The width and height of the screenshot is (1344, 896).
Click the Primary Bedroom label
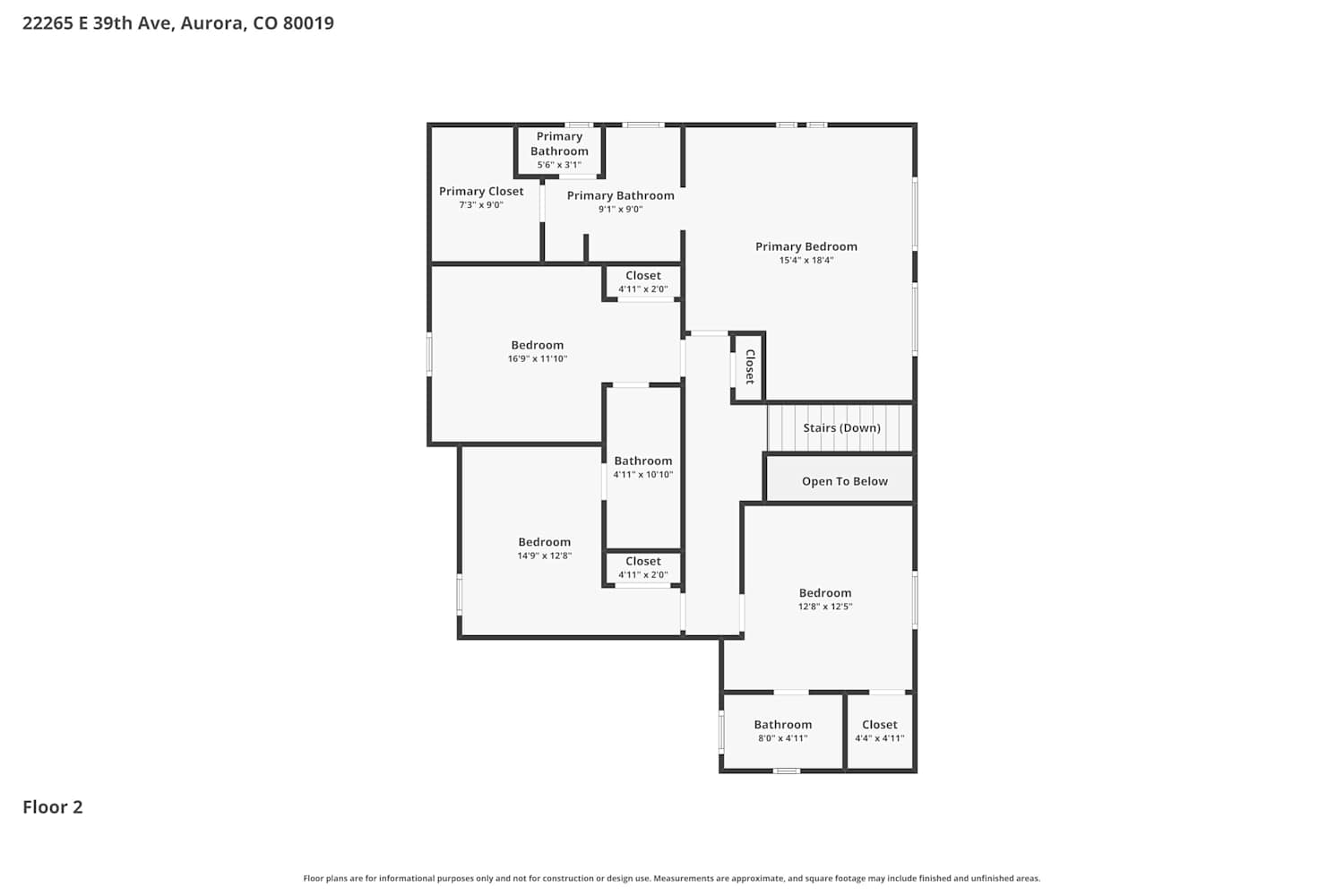pyautogui.click(x=806, y=246)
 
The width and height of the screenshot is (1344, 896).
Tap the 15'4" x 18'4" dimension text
pyautogui.click(x=806, y=261)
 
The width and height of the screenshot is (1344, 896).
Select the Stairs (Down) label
pyautogui.click(x=841, y=428)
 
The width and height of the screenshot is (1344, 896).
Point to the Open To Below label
pyautogui.click(x=844, y=481)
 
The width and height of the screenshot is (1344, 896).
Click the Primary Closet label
pyautogui.click(x=480, y=192)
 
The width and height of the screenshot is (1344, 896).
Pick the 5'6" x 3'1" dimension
pyautogui.click(x=558, y=165)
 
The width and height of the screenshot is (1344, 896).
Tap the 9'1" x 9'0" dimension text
pyautogui.click(x=620, y=210)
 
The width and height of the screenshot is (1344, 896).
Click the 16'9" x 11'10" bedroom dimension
pyautogui.click(x=537, y=359)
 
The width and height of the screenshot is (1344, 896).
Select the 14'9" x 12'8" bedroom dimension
pyautogui.click(x=544, y=556)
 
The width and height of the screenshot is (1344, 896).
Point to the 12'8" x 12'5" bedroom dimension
pyautogui.click(x=824, y=607)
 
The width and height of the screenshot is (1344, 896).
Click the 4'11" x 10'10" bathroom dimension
pyautogui.click(x=642, y=475)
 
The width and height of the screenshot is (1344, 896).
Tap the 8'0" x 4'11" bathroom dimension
pyautogui.click(x=782, y=738)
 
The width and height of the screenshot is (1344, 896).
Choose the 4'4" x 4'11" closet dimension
pyautogui.click(x=879, y=738)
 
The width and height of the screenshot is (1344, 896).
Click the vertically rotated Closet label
pyautogui.click(x=749, y=366)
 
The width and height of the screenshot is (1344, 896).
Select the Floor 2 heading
pyautogui.click(x=53, y=807)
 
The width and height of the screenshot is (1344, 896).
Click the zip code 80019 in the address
pyautogui.click(x=308, y=23)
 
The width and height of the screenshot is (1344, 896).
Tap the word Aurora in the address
pyautogui.click(x=213, y=23)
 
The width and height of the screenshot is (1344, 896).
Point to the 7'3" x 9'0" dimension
pyautogui.click(x=480, y=205)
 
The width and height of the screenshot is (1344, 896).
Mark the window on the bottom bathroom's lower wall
pyautogui.click(x=786, y=771)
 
